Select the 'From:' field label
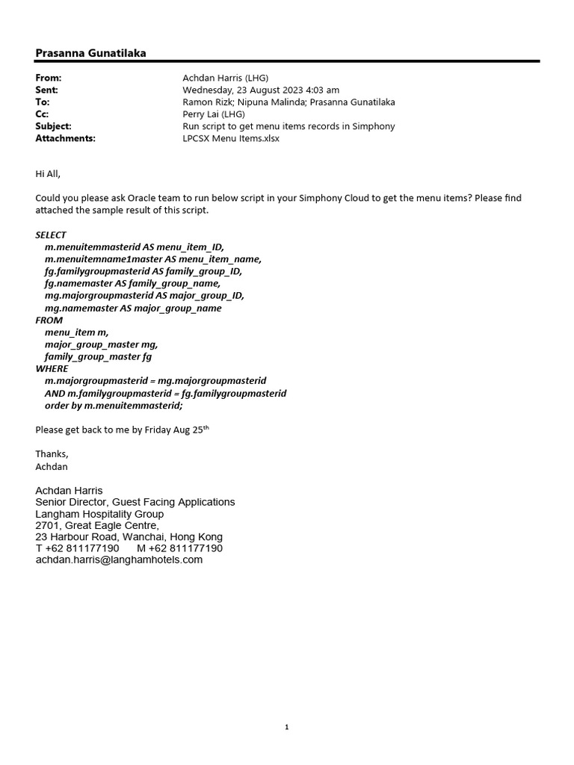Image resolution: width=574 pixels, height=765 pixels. [49, 78]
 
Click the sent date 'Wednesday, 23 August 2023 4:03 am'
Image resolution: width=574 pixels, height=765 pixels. [261, 90]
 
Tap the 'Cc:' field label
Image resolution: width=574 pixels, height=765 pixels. [43, 114]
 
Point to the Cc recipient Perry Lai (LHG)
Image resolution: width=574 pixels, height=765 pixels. [215, 114]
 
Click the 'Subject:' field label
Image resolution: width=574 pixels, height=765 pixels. [54, 126]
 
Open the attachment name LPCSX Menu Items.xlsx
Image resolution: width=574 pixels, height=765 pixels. [231, 138]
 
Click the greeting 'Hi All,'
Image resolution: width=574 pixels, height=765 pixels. [48, 174]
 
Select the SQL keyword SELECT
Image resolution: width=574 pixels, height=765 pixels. [51, 235]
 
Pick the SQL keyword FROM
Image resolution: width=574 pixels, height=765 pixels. [49, 320]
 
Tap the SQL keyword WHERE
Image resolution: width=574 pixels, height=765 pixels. [52, 368]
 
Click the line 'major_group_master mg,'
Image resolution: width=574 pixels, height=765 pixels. [101, 344]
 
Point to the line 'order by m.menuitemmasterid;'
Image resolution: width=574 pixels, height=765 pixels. [114, 405]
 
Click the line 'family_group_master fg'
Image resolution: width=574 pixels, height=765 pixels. [98, 356]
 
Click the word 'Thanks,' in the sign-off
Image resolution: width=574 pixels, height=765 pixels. [52, 453]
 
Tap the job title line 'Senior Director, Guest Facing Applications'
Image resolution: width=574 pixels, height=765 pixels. [135, 502]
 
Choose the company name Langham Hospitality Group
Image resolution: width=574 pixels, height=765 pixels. [99, 514]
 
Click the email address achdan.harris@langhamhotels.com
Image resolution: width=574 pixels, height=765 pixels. [119, 560]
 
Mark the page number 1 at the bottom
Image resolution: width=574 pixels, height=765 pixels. [287, 727]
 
